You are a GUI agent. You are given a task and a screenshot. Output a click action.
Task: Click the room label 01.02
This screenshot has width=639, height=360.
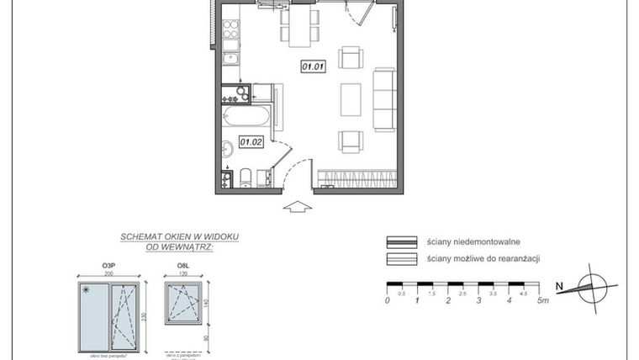251,142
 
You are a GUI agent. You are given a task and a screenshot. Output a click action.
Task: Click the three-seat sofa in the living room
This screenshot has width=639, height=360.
383,100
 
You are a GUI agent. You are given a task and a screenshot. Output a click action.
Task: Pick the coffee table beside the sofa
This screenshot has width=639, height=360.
350,100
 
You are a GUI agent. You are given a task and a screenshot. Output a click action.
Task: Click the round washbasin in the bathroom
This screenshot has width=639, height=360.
228,150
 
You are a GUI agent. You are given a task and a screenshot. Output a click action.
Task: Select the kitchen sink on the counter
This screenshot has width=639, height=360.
229,60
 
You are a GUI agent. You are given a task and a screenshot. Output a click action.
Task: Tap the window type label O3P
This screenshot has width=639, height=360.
109,266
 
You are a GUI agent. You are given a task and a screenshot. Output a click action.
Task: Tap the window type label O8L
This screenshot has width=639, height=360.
184,266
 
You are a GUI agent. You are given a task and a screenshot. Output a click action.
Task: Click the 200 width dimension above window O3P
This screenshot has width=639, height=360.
108,274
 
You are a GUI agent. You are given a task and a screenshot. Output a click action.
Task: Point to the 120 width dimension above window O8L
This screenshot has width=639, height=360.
184,274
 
